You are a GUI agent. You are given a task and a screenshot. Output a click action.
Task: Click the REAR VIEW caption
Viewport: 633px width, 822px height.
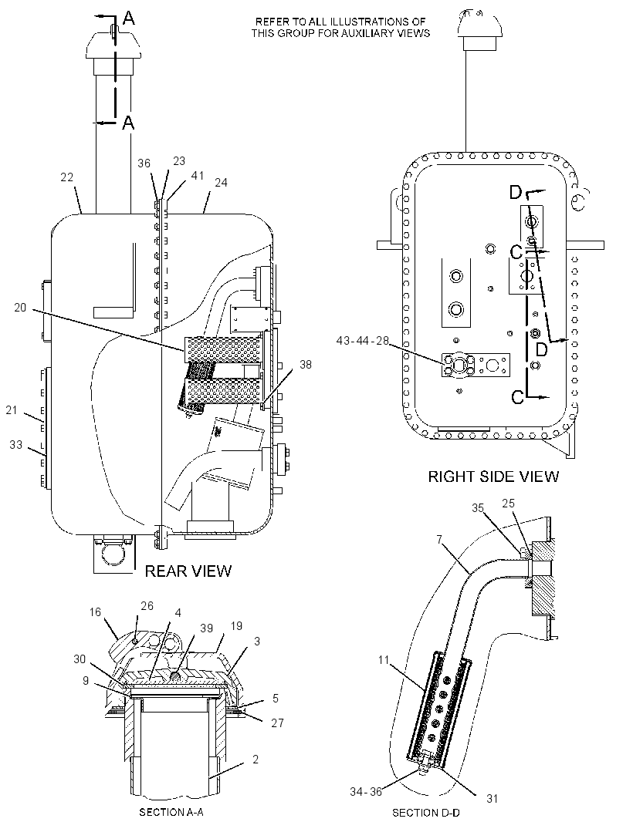[x=188, y=571]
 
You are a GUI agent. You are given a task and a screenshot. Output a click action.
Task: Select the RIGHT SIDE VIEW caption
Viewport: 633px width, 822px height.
[x=493, y=477]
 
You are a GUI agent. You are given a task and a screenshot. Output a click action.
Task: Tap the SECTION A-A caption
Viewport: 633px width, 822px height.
[x=171, y=812]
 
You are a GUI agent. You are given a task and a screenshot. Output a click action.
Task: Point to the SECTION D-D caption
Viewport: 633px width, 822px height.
[x=425, y=813]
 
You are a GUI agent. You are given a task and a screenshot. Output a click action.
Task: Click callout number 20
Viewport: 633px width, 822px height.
[x=20, y=308]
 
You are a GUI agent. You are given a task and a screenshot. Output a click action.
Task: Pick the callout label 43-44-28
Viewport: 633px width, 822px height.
[x=363, y=341]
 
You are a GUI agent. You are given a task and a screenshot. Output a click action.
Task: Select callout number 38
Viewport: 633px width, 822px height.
[x=306, y=364]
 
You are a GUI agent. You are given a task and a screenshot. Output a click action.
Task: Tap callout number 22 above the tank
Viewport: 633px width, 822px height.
[x=66, y=177]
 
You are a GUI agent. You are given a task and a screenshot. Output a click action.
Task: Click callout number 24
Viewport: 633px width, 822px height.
[x=221, y=183]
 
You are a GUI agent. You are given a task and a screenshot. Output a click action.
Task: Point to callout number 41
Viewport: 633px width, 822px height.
[x=197, y=176]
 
